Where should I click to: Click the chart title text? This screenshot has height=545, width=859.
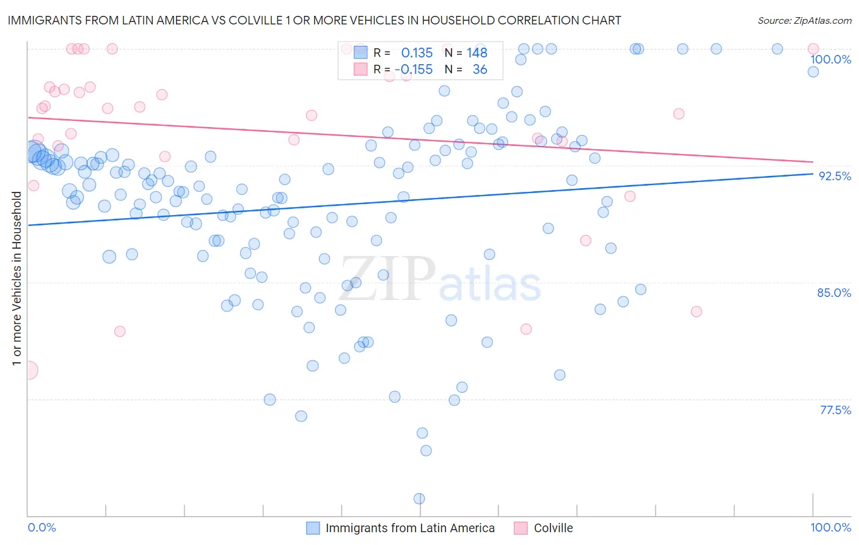click(x=315, y=20)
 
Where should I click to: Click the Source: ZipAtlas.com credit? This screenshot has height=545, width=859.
click(x=804, y=20)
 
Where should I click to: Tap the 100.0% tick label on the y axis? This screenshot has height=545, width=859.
click(x=830, y=59)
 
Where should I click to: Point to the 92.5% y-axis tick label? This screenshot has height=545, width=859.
click(x=834, y=176)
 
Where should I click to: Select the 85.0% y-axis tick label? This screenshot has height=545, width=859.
click(x=834, y=293)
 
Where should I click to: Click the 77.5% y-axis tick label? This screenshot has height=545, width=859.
click(x=835, y=410)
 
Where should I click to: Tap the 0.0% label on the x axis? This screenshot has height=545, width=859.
click(x=42, y=527)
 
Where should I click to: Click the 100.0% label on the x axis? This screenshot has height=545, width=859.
click(x=830, y=527)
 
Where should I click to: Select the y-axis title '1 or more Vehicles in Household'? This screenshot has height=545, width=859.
click(x=17, y=279)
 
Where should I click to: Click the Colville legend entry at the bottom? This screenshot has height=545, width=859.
click(x=552, y=528)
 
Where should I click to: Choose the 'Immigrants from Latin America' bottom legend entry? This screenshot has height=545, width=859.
click(x=409, y=528)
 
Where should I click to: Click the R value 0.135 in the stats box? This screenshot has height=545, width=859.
click(x=417, y=53)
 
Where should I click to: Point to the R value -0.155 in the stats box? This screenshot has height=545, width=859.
click(x=414, y=70)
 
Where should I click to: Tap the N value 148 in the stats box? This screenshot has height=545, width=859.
click(x=477, y=53)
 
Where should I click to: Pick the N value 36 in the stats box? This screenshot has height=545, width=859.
click(x=480, y=70)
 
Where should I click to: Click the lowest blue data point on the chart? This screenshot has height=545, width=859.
click(x=419, y=499)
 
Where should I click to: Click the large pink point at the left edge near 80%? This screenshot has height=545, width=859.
click(x=29, y=370)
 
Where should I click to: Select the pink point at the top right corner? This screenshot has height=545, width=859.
click(x=813, y=49)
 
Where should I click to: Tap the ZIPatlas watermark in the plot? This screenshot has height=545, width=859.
click(x=440, y=280)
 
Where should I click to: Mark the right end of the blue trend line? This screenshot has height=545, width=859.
click(x=813, y=174)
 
